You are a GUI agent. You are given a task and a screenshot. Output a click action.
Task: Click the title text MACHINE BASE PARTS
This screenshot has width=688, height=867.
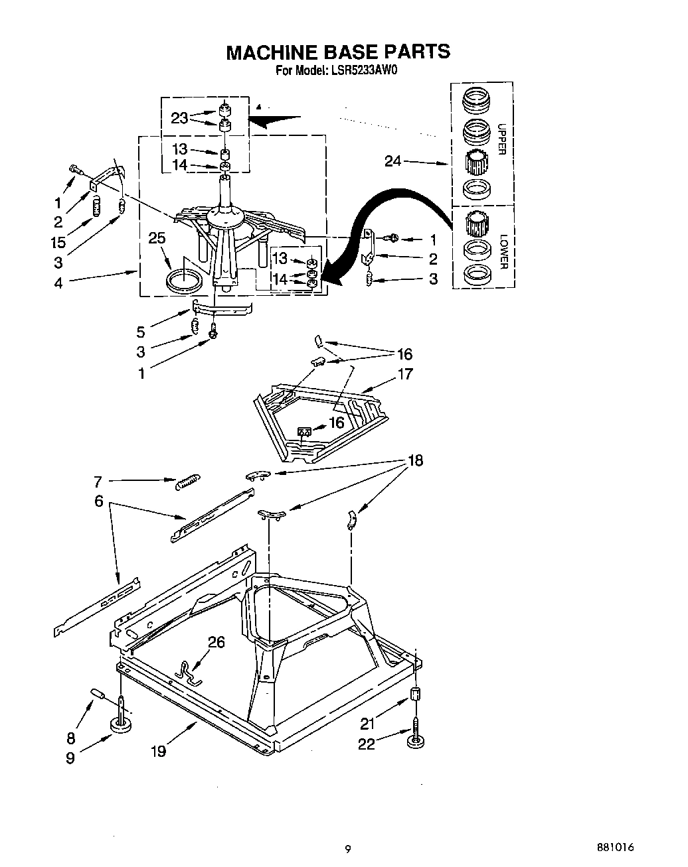coord(338,52)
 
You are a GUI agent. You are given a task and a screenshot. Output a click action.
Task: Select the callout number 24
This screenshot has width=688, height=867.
coord(393,161)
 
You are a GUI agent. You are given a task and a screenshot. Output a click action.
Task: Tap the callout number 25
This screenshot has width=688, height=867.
coord(157,238)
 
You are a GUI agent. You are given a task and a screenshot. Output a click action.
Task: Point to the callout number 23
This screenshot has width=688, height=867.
coord(179,118)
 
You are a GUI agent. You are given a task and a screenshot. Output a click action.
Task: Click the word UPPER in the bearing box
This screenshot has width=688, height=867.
coord(501,139)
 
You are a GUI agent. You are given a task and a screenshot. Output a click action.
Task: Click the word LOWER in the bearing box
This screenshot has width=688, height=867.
coord(503,251)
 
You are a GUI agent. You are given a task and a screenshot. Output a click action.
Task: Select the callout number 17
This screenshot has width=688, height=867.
coord(404,374)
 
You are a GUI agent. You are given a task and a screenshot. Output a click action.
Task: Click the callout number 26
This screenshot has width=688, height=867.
coord(216,641)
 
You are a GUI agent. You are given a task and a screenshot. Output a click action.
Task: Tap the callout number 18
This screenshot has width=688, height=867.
coord(415,460)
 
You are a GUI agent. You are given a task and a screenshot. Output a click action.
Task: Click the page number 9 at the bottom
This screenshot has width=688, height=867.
coord(347,848)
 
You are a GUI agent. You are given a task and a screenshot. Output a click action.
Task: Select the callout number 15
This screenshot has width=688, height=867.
coord(59,242)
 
